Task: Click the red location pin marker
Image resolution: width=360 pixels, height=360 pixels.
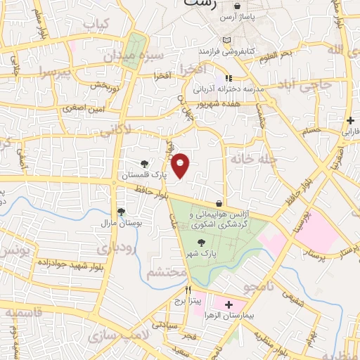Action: [181, 165]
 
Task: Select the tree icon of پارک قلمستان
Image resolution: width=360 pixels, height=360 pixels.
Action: [145, 164]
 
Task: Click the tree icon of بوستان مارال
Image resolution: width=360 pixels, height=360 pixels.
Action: [121, 211]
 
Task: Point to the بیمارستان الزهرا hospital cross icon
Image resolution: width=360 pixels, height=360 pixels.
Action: [229, 305]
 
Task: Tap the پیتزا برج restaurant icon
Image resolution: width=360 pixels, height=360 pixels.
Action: [188, 290]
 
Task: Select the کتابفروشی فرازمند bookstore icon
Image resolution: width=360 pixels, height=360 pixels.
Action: [226, 40]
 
